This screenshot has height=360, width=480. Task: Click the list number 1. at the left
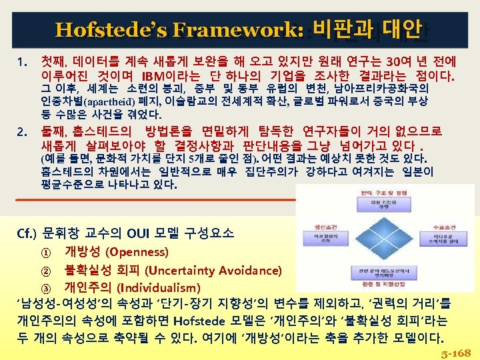22,63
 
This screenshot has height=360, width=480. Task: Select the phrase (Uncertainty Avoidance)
213,271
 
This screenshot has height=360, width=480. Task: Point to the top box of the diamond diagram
365,203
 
